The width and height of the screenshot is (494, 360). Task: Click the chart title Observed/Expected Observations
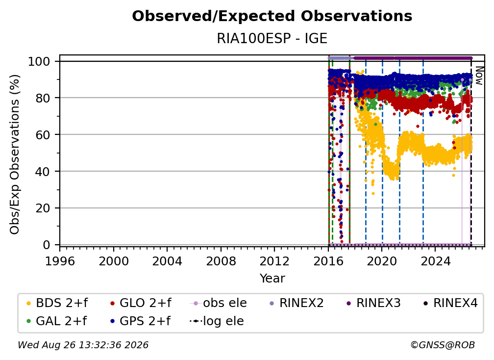[x=272, y=16]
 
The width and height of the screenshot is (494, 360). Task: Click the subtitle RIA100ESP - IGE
[x=272, y=38]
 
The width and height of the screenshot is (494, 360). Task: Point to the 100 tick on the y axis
[x=39, y=61]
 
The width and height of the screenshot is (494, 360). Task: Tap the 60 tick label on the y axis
[x=43, y=134]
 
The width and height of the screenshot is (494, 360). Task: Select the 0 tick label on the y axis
[x=47, y=245]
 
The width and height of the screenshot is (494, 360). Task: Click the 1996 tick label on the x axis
[x=60, y=261]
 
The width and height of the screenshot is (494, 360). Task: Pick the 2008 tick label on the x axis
[x=221, y=261]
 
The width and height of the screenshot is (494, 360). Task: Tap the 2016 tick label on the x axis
[x=328, y=261]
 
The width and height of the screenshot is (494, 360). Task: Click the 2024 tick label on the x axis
[x=435, y=261]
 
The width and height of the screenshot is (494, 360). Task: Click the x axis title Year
[x=272, y=279]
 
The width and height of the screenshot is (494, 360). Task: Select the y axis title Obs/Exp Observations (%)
[x=15, y=154]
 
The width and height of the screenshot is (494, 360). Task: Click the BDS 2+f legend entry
[x=57, y=303]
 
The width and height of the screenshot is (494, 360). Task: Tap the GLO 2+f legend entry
[x=141, y=303]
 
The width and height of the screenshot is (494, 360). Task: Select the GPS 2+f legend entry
[x=140, y=321]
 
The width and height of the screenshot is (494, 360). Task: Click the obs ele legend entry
[x=219, y=303]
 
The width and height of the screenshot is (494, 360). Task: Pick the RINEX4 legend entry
[x=450, y=303]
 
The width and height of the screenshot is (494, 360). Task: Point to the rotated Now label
[x=479, y=76]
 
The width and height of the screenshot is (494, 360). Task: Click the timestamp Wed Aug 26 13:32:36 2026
[x=83, y=345]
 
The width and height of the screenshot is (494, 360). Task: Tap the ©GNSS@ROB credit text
[x=443, y=345]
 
